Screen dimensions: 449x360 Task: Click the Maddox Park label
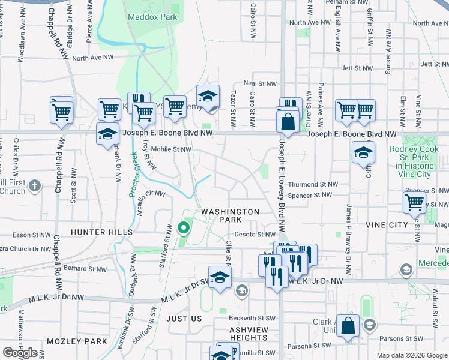tap(152, 17)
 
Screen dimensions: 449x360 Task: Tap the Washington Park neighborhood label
tap(230, 215)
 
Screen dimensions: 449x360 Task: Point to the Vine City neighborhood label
tap(387, 224)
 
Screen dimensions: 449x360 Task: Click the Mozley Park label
tap(79, 341)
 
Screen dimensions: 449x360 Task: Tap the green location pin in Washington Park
tap(183, 228)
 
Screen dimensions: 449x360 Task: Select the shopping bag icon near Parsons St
tap(348, 326)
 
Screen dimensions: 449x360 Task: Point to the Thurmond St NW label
tap(313, 185)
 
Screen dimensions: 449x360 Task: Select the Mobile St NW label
tap(170, 149)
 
